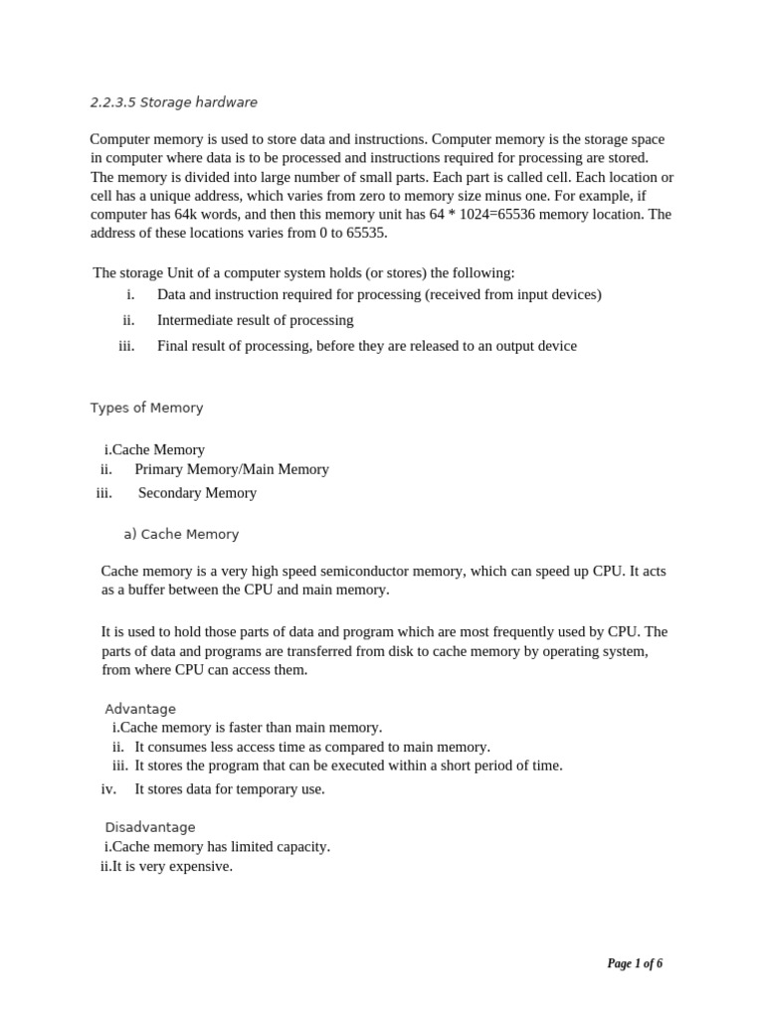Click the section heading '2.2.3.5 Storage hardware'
173,102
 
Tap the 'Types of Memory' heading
146,408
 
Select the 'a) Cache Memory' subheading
181,534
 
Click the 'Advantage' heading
140,709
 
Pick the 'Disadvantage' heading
150,827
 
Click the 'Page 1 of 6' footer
635,963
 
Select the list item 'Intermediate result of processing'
255,320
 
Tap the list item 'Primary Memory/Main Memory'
232,469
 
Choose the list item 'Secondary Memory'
197,493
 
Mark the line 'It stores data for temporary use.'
230,789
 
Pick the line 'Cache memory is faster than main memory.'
248,728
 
